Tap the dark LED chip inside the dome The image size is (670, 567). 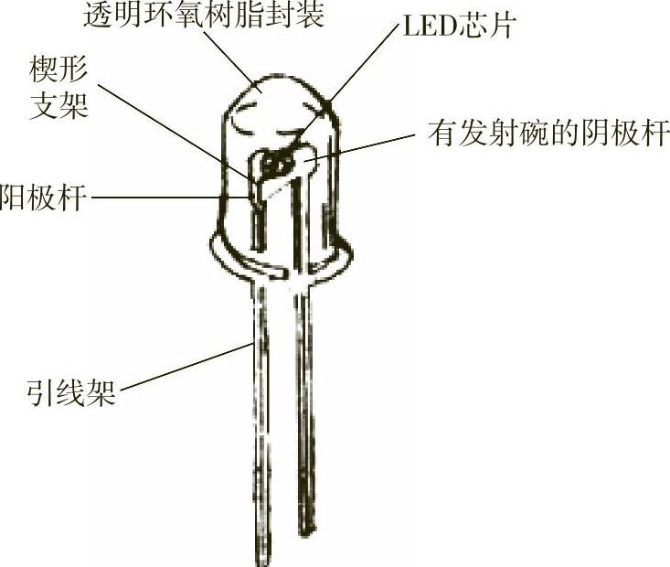tap(275, 165)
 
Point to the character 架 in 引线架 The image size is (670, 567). tap(101, 395)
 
